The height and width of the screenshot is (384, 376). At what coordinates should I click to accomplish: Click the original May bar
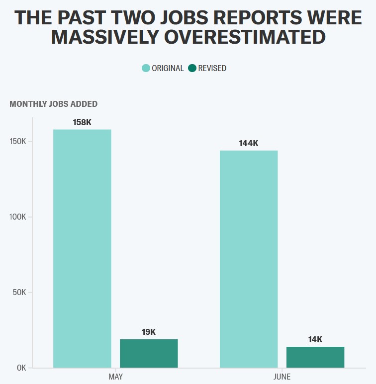[82, 248]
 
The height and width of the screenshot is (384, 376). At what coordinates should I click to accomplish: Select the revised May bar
[149, 353]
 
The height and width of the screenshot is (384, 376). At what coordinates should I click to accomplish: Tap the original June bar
[249, 259]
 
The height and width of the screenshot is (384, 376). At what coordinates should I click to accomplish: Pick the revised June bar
[315, 357]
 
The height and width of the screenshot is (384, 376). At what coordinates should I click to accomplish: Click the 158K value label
[82, 122]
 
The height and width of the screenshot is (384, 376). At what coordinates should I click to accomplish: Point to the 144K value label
[249, 144]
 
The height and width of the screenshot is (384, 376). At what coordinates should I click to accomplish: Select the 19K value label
[149, 332]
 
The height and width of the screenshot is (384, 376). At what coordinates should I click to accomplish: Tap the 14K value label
[315, 340]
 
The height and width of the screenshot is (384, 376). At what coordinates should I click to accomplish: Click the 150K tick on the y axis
[18, 142]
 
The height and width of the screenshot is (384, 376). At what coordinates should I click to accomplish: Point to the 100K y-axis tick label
[18, 217]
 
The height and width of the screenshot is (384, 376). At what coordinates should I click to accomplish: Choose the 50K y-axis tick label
[19, 292]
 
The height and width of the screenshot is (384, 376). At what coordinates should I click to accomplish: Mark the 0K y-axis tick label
[21, 368]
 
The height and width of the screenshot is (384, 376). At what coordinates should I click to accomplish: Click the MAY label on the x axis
[115, 377]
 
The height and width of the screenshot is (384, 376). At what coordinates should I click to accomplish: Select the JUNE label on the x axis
[282, 377]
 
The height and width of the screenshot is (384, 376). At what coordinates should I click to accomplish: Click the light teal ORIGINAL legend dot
[146, 68]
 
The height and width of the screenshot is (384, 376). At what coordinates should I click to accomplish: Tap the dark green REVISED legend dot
[192, 68]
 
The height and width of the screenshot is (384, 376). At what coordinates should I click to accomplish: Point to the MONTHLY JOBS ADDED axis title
[53, 104]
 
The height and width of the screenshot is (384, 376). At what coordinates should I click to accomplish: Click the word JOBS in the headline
[193, 18]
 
